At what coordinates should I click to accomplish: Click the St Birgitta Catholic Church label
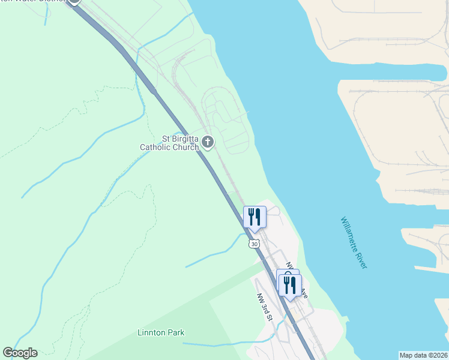click(x=170, y=143)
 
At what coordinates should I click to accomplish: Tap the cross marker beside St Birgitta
click(x=208, y=142)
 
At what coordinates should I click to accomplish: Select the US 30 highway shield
click(x=255, y=244)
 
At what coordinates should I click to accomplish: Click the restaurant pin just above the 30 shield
click(x=255, y=217)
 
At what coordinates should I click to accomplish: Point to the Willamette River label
click(x=353, y=243)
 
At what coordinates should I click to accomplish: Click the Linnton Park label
click(x=161, y=332)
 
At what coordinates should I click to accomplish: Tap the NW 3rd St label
click(x=265, y=307)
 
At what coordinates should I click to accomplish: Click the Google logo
click(x=20, y=353)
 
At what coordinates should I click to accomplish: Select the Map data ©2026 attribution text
click(x=423, y=355)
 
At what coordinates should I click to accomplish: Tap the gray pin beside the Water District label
click(x=74, y=2)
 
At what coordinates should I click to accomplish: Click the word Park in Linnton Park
click(x=175, y=332)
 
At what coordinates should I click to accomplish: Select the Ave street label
click(x=304, y=294)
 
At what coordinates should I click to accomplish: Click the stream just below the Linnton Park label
click(x=216, y=345)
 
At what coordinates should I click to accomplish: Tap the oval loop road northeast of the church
click(x=224, y=117)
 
